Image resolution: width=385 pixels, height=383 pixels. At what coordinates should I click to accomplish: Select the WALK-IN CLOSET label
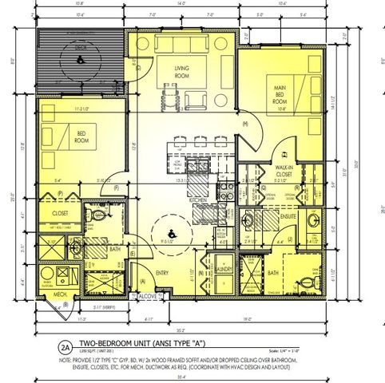pos(285,172)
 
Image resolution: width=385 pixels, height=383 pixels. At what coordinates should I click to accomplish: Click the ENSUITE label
pos(289,215)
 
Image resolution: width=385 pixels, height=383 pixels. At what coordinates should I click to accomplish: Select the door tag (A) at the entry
pos(143,280)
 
